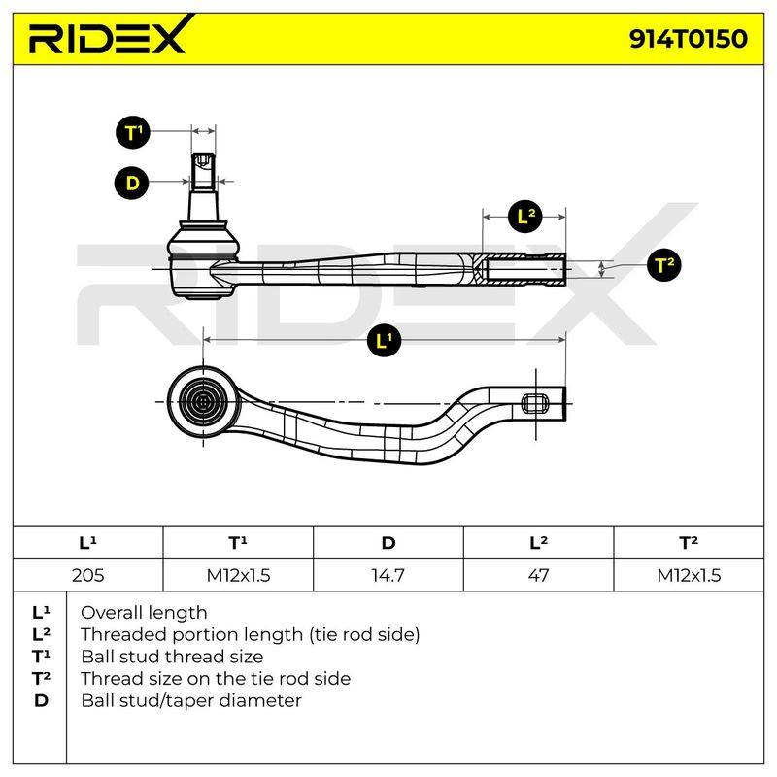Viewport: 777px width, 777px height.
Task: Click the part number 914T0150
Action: [x=689, y=39]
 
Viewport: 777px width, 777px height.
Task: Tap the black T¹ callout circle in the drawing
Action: [x=133, y=132]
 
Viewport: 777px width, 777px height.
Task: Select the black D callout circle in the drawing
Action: [x=132, y=183]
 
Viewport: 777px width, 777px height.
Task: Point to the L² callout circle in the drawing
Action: [x=524, y=217]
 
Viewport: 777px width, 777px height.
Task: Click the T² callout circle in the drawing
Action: [x=664, y=264]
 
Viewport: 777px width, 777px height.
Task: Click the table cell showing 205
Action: [x=87, y=575]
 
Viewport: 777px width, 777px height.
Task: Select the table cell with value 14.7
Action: [x=388, y=575]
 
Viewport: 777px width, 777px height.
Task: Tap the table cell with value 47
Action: [x=538, y=575]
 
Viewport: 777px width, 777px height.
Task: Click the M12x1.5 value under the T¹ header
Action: [x=238, y=575]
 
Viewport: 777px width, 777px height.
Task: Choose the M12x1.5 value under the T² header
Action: [x=689, y=575]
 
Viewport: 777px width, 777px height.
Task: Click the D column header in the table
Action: [x=388, y=543]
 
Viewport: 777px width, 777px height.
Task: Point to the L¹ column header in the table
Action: [x=87, y=543]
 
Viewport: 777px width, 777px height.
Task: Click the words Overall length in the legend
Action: [x=144, y=613]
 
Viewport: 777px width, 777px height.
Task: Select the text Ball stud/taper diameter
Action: [x=191, y=700]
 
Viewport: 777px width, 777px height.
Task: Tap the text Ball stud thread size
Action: [x=172, y=657]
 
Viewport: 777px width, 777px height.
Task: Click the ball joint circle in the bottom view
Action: [x=203, y=402]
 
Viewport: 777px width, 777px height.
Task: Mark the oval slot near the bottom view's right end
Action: [x=536, y=403]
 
